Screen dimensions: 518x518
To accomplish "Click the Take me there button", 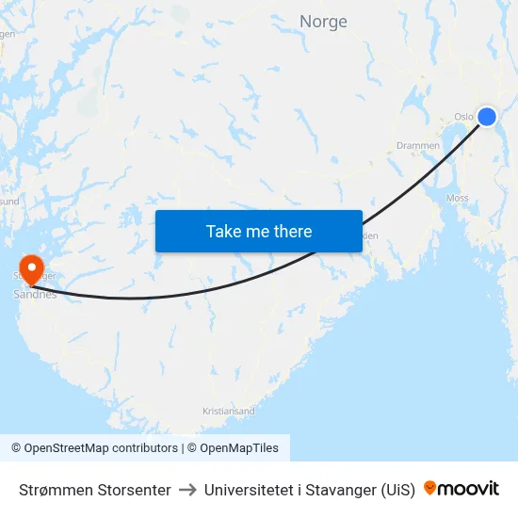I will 259,231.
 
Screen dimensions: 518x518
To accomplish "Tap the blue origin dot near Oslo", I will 487,116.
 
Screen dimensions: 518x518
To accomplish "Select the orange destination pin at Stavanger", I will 31,269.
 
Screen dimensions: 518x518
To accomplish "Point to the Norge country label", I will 323,22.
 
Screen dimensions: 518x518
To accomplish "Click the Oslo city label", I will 463,117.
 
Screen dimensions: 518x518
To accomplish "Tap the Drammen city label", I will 417,146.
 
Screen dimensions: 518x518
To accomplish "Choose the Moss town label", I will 458,199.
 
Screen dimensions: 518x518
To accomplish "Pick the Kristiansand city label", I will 229,412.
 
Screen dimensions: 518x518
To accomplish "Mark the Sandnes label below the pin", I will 35,294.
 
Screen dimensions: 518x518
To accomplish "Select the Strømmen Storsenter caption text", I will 95,490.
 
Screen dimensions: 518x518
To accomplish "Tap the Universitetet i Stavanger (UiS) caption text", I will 309,490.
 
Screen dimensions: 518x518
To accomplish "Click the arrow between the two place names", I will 187,490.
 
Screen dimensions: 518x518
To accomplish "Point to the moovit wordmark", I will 469,489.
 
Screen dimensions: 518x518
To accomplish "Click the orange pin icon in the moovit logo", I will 430,489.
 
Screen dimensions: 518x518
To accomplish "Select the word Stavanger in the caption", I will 342,490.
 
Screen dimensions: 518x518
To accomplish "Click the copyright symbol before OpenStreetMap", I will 17,448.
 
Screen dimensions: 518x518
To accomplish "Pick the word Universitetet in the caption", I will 247,490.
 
